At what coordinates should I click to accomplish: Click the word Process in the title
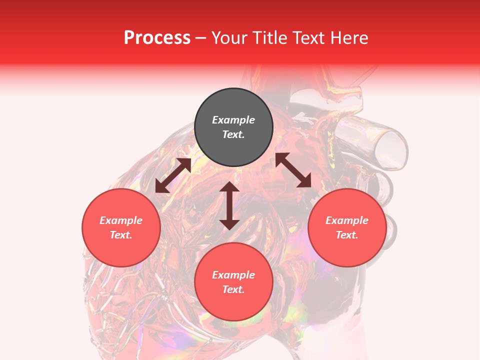coord(157,38)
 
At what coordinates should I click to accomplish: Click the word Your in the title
coord(229,38)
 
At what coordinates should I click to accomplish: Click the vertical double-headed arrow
coord(229,205)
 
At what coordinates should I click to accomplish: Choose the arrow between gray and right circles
coord(293,170)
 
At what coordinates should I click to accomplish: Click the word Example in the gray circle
coord(233,120)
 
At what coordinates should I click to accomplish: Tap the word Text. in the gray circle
coord(233,134)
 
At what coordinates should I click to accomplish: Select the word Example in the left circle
coord(121,220)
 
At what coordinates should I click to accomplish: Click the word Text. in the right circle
coord(347,235)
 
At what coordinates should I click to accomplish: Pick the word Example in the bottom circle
coord(233,275)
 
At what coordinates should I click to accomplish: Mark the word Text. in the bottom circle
coord(233,289)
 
